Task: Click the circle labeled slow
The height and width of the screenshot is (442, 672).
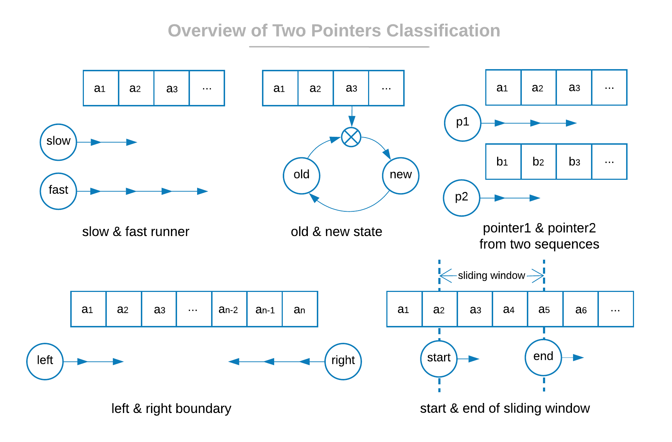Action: (x=58, y=142)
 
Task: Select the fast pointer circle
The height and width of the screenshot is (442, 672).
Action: (x=58, y=191)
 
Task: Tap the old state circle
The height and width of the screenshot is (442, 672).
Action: (x=301, y=176)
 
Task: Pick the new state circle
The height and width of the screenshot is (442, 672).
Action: (x=401, y=176)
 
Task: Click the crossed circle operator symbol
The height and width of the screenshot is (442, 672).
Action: (x=351, y=137)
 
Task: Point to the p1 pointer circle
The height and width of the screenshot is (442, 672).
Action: (x=463, y=123)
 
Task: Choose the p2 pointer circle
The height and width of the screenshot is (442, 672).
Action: (x=462, y=198)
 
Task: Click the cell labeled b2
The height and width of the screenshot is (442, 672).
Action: (x=538, y=162)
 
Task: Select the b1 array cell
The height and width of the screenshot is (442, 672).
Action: (x=503, y=162)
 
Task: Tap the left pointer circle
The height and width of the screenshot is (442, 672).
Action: (x=45, y=361)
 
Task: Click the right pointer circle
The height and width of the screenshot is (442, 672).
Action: (x=343, y=361)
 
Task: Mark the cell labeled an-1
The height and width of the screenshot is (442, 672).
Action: (x=265, y=309)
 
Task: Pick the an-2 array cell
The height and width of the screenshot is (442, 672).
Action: (x=229, y=309)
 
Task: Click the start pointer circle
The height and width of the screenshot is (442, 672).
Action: (x=439, y=359)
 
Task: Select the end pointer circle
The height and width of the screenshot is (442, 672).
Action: (x=543, y=357)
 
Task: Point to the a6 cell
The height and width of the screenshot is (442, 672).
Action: (x=581, y=309)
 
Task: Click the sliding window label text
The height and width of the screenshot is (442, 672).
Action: (x=491, y=275)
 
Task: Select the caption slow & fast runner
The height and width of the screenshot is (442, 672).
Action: (x=135, y=232)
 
